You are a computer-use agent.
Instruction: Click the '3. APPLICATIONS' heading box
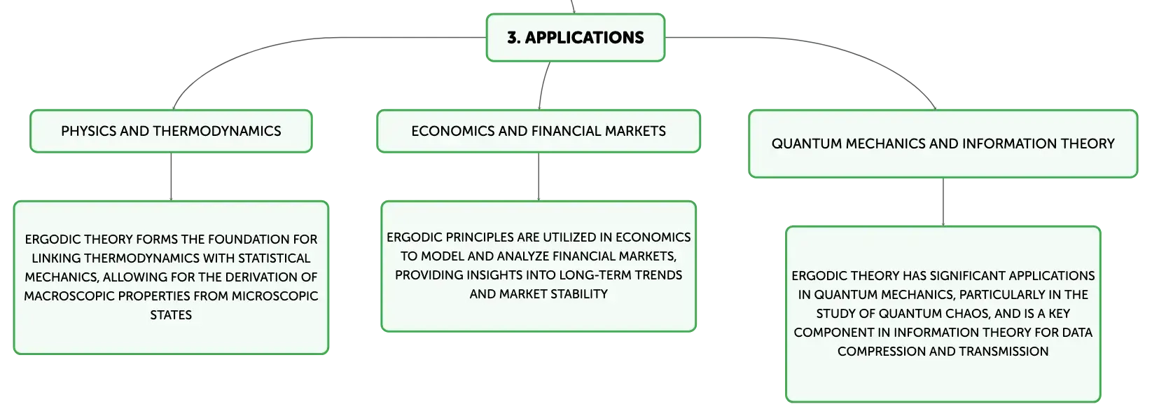[576, 38]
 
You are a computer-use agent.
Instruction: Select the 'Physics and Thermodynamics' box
[172, 131]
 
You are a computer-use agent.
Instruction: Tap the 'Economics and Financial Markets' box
[539, 131]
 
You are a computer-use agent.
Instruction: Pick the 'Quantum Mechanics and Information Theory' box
[943, 144]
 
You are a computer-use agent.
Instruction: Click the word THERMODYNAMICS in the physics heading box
[217, 131]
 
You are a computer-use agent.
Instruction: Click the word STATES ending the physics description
[171, 315]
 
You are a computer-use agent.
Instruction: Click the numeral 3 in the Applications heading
[513, 38]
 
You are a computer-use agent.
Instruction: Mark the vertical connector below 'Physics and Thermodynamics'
[172, 177]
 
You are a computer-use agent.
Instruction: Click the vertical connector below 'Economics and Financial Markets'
[539, 177]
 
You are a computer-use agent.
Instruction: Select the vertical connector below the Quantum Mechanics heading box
[943, 202]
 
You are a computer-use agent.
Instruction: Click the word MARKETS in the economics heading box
[635, 131]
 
